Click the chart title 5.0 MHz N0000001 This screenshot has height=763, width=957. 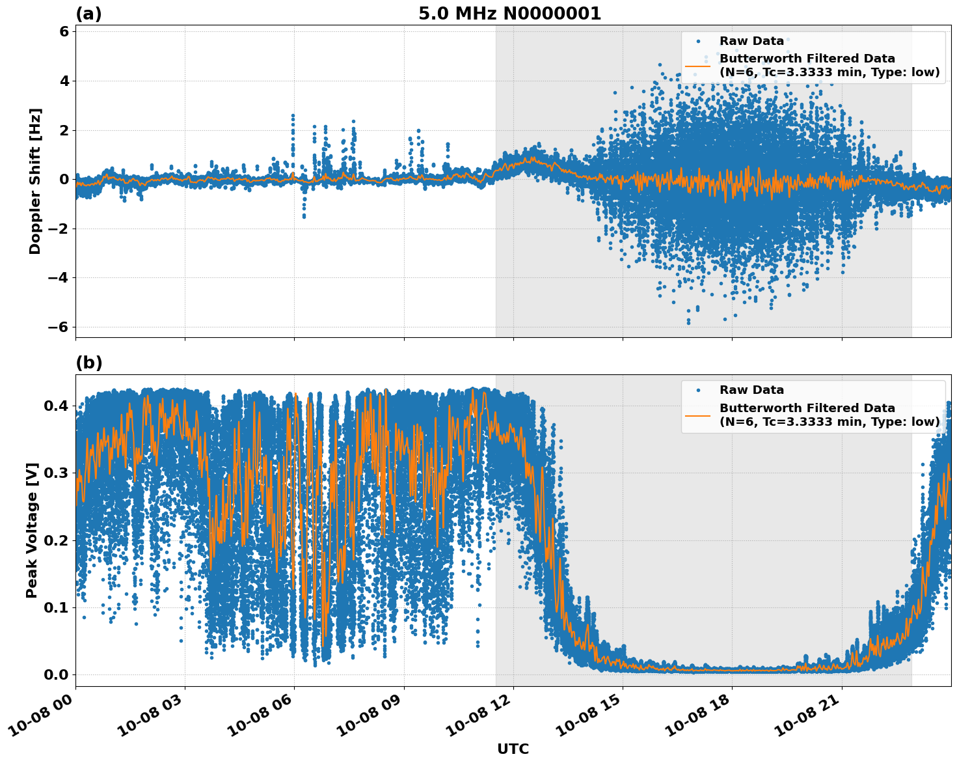pos(509,14)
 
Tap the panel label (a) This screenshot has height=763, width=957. pos(88,14)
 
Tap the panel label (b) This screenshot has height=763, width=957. pos(89,363)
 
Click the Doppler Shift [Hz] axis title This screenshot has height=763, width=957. pos(35,181)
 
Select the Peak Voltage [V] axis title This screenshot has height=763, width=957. pos(32,530)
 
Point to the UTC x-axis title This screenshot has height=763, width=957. pos(513,749)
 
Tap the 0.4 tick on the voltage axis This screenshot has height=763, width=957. pos(57,406)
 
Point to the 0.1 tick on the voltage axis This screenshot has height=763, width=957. pos(57,607)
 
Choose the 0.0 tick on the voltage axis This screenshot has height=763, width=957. pos(57,674)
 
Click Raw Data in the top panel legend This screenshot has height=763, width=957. pos(751,41)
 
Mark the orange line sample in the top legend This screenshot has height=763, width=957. pos(697,65)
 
